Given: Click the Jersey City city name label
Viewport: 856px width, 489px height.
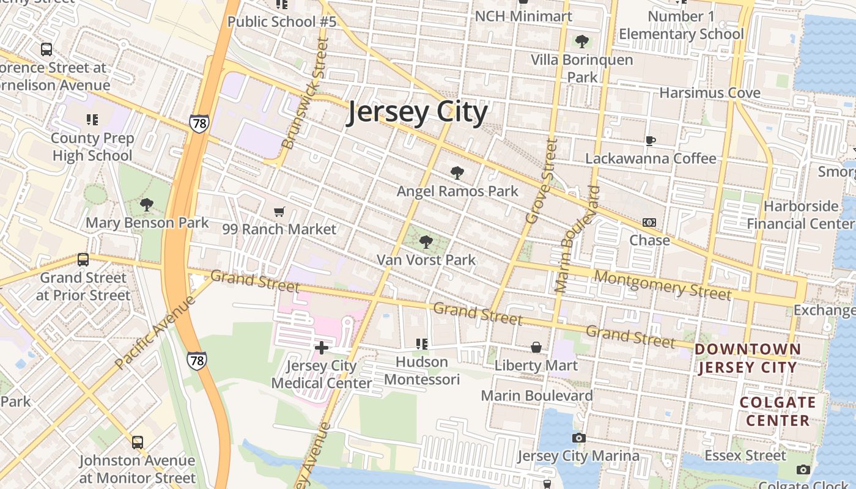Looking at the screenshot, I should [x=418, y=113].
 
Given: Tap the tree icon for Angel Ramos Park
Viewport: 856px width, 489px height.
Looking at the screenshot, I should [x=457, y=173].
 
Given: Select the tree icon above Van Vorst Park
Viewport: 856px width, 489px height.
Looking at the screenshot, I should [x=426, y=242].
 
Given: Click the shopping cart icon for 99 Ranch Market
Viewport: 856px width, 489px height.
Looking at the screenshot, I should [x=279, y=212].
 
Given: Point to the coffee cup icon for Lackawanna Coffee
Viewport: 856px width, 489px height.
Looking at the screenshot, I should [x=651, y=141].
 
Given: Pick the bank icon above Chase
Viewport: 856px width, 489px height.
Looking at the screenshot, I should [x=649, y=222].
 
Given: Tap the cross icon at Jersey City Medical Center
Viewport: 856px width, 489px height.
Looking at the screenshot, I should [x=322, y=348].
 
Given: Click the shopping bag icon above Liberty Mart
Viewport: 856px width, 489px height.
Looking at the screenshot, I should [x=536, y=348].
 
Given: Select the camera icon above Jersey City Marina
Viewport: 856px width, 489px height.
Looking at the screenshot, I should [x=578, y=438].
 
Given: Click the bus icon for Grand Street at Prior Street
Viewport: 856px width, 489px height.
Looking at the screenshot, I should [x=83, y=260].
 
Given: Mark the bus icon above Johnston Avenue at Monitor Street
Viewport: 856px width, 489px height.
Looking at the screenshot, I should [x=138, y=442].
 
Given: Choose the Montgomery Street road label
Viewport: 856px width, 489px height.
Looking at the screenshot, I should [x=662, y=285].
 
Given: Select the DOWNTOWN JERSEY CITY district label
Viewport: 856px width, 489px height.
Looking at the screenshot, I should [x=748, y=358].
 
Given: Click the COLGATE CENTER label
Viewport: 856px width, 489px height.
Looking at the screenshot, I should [x=778, y=411].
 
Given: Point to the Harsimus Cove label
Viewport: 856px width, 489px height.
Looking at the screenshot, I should [x=710, y=93].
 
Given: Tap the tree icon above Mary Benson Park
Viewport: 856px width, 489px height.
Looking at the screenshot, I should [x=147, y=205].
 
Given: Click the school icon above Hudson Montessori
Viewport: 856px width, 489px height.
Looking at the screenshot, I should [x=421, y=344].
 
